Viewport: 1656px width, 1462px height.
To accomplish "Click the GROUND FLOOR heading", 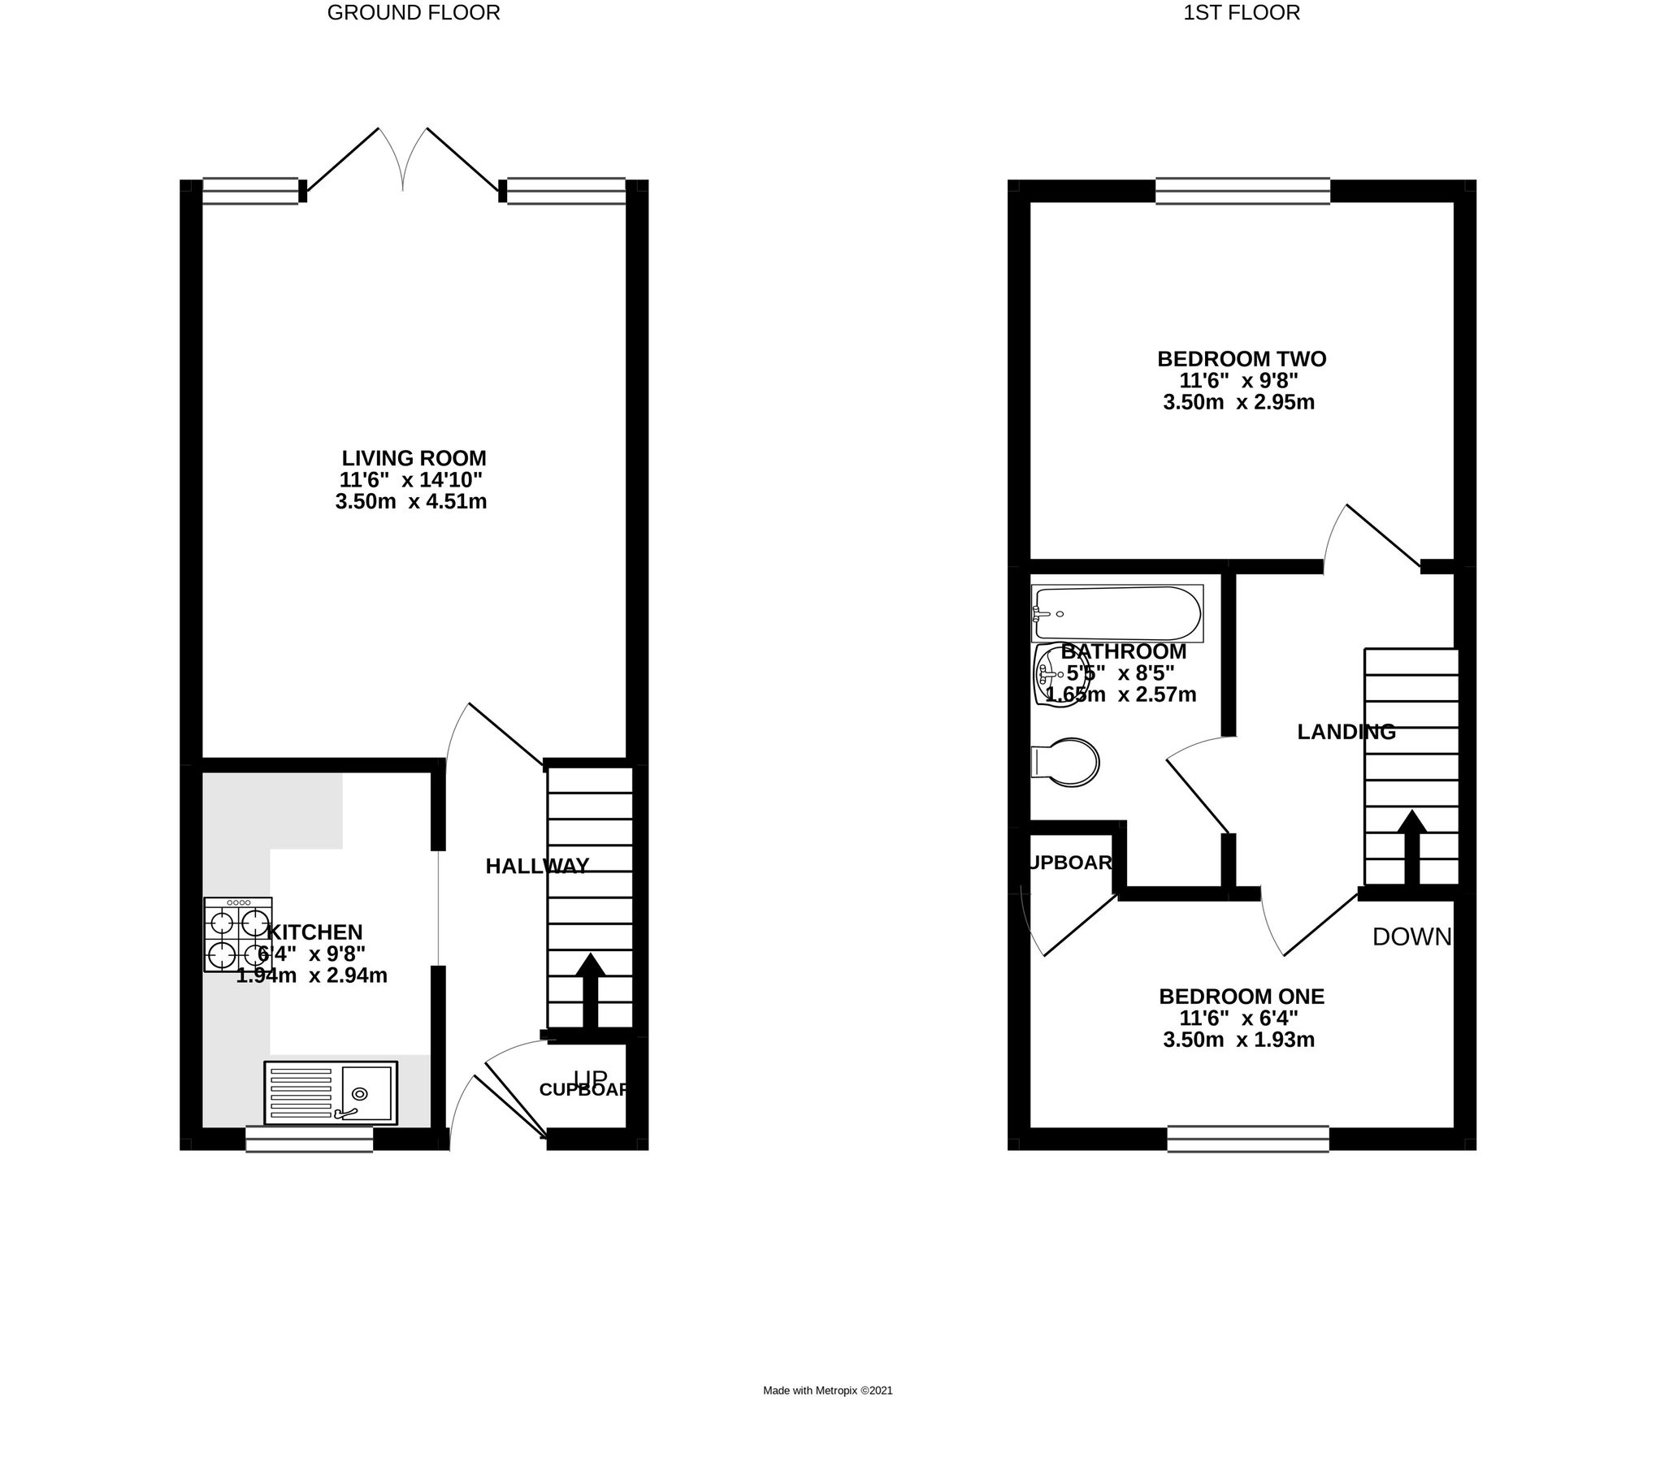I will pos(413,13).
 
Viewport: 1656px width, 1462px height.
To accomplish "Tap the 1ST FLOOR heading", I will pos(1241,13).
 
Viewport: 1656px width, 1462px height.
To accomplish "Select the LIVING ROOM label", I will pos(414,458).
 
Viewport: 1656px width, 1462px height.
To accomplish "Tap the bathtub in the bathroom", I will pos(1116,614).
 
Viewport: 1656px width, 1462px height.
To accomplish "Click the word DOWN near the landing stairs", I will pos(1411,937).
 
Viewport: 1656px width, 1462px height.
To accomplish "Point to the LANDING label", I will pos(1346,732).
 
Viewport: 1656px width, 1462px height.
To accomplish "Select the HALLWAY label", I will pos(537,867).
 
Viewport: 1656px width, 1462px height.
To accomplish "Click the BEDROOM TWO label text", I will pos(1241,359).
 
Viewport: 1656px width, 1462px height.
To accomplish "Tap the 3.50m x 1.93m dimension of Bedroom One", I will pos(1238,1040).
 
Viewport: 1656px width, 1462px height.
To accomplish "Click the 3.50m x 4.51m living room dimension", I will pos(410,502).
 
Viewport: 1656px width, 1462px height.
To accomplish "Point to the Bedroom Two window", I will pos(1242,191).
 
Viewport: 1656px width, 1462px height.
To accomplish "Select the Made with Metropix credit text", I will pos(827,1391).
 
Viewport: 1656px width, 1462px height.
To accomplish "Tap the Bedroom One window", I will pos(1248,1139).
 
